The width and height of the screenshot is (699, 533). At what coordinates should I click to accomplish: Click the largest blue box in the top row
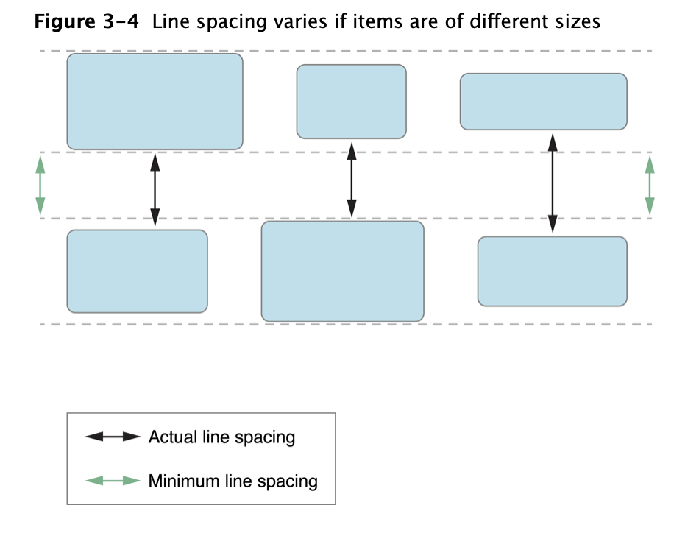[x=155, y=102]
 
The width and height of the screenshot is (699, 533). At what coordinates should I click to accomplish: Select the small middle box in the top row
[x=351, y=102]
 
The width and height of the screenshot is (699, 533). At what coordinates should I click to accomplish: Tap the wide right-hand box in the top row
[x=543, y=102]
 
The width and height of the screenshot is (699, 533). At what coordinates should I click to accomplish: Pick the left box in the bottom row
[x=137, y=271]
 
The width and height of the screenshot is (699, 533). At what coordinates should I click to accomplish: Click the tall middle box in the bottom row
[x=342, y=271]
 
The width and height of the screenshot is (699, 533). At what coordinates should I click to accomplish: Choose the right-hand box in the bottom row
[x=552, y=271]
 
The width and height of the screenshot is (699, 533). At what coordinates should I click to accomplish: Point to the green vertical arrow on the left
[x=40, y=186]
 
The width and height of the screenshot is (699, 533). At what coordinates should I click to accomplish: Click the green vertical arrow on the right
[x=649, y=186]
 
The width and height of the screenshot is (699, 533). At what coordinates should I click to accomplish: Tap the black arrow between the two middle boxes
[x=351, y=180]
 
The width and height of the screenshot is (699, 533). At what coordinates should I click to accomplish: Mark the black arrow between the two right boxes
[x=552, y=183]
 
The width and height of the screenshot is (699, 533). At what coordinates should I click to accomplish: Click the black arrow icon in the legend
[x=113, y=437]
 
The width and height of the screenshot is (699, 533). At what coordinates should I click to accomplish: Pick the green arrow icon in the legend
[x=113, y=481]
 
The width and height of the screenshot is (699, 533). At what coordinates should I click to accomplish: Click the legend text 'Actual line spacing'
[x=221, y=437]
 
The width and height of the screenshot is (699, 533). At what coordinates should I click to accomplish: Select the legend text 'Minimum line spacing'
[x=233, y=481]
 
